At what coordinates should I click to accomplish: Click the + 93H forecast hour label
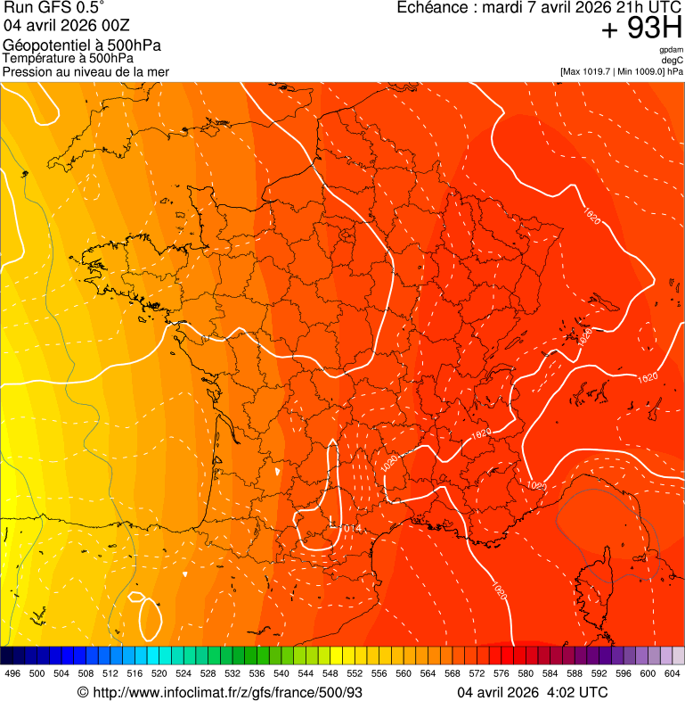coord(641,29)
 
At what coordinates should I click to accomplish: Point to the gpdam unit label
coord(670,50)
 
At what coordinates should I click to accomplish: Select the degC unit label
coord(672,60)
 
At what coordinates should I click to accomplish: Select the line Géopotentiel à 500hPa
coord(82,45)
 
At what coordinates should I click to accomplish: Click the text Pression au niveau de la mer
coord(86,70)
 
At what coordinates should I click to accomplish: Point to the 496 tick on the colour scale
coord(12,673)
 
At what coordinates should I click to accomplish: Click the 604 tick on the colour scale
coord(673,673)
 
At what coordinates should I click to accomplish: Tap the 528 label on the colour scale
coord(208,673)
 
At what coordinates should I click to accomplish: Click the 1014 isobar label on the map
coord(351,529)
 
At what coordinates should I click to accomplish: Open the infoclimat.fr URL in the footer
coord(227,693)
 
